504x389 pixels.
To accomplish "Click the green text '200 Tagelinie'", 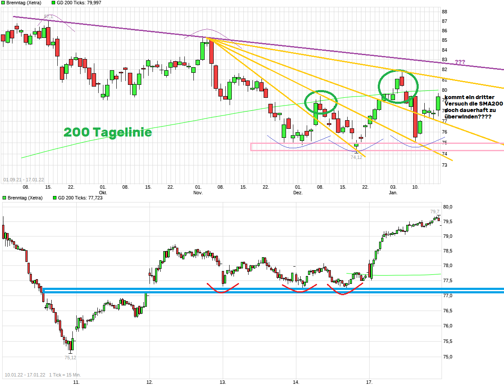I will click(x=108, y=132).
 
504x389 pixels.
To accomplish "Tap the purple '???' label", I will click(x=460, y=62).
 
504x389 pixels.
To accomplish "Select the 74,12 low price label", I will click(x=356, y=157).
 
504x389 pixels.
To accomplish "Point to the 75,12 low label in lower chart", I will click(x=70, y=358).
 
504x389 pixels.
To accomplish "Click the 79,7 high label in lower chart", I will click(x=435, y=212).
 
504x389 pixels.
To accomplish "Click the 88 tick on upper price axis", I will click(x=445, y=12).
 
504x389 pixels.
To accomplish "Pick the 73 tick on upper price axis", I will click(x=445, y=164).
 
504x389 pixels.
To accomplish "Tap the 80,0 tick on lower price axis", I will click(x=448, y=207).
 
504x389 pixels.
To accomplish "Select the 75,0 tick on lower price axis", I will click(x=448, y=357).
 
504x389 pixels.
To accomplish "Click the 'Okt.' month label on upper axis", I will click(x=103, y=193).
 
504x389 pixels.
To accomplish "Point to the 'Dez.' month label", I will click(x=298, y=193).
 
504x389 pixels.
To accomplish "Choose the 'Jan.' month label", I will click(x=393, y=193).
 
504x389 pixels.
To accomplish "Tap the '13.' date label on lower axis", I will click(x=223, y=382).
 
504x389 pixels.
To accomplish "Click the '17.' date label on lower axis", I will click(x=369, y=382).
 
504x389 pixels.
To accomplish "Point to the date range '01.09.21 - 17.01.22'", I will click(x=23, y=180).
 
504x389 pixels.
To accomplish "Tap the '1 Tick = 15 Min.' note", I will click(x=65, y=374).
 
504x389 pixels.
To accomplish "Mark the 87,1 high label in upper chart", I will click(x=49, y=17).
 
